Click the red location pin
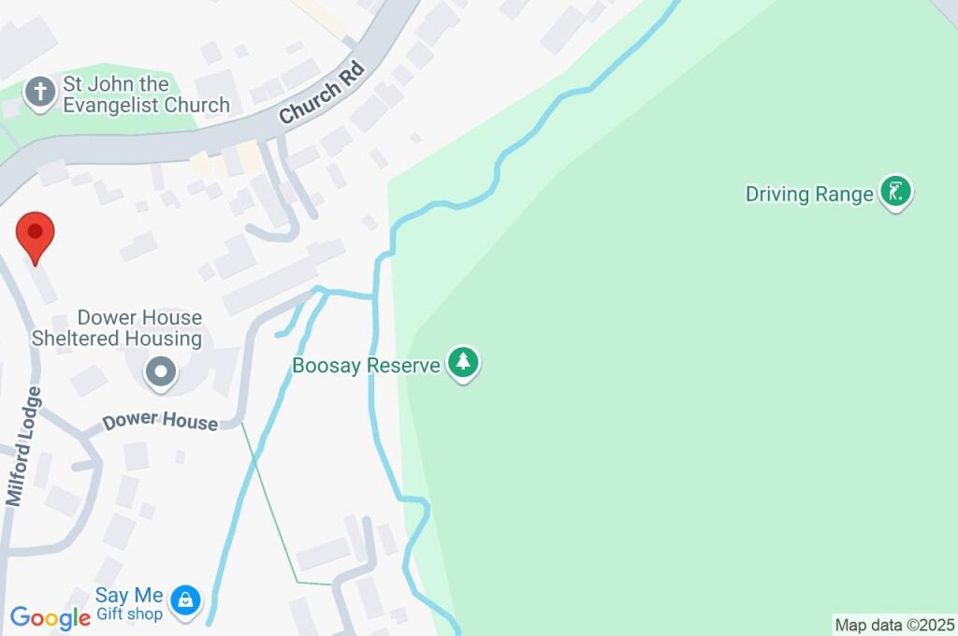(x=36, y=235)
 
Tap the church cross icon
(x=39, y=93)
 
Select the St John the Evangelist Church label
(x=145, y=94)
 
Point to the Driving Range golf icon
(x=896, y=193)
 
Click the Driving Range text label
(x=810, y=195)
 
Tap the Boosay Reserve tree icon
(x=462, y=363)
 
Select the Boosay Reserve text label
(x=366, y=365)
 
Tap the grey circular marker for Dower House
(x=161, y=372)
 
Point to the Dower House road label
(x=160, y=422)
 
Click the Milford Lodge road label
(x=24, y=447)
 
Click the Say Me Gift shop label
(x=129, y=604)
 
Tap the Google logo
(x=50, y=617)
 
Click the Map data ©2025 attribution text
(x=894, y=625)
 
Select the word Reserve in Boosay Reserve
(x=402, y=365)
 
